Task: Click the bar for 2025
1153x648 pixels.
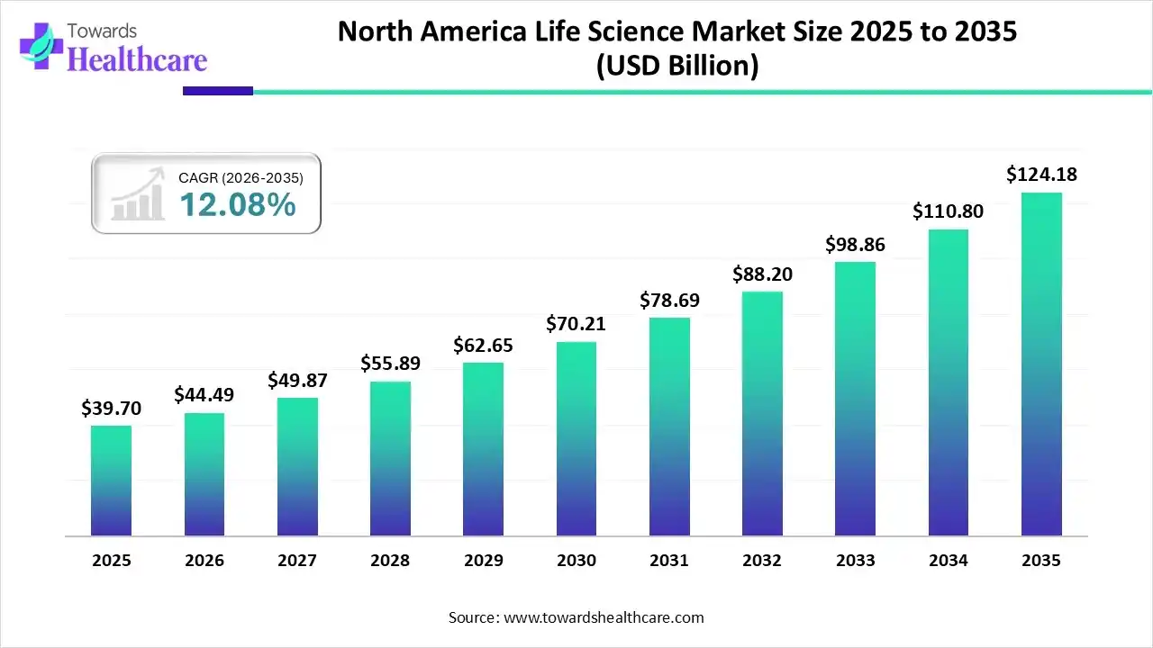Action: pos(111,481)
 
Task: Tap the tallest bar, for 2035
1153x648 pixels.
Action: pos(1041,364)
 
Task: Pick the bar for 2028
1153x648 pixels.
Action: pos(390,459)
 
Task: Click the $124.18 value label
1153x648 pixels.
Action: pos(1041,174)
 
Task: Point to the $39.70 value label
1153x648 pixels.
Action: pos(111,409)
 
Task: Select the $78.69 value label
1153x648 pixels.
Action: pos(669,300)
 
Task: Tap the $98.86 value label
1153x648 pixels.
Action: pos(856,244)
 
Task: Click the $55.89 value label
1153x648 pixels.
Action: pos(390,363)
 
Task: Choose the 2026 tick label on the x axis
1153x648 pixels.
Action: pos(204,561)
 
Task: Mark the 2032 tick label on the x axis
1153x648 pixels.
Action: pos(762,561)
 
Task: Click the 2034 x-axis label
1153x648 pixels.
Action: pos(949,561)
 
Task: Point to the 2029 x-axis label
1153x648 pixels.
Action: pos(483,561)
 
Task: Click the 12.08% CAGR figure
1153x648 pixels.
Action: pos(238,205)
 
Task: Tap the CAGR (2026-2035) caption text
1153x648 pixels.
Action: pos(241,178)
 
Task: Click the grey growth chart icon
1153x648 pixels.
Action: pos(138,195)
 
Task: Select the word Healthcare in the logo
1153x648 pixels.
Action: pos(137,59)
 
